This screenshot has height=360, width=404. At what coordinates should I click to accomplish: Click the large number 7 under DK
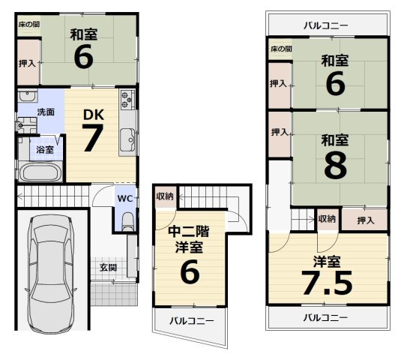tap(91, 140)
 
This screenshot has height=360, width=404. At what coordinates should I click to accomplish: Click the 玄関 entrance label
tap(107, 267)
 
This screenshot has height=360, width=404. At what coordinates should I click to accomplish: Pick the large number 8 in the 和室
tap(335, 166)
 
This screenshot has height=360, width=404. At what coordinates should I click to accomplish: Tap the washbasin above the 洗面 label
tap(28, 97)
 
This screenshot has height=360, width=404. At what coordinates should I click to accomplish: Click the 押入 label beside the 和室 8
tap(280, 133)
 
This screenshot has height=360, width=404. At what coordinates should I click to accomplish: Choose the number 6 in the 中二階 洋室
tap(190, 272)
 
